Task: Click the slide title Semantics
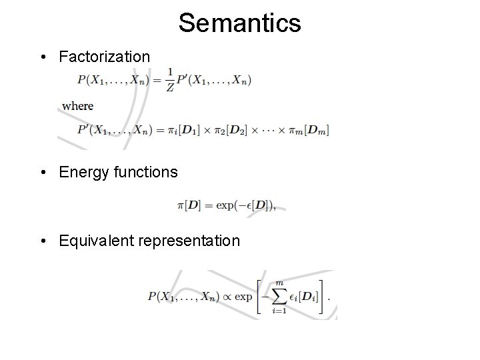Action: click(239, 23)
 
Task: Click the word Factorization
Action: click(104, 57)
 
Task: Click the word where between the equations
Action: click(78, 105)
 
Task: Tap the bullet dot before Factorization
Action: click(43, 57)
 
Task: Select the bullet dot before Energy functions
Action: click(43, 173)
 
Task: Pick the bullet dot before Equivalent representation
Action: click(43, 241)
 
